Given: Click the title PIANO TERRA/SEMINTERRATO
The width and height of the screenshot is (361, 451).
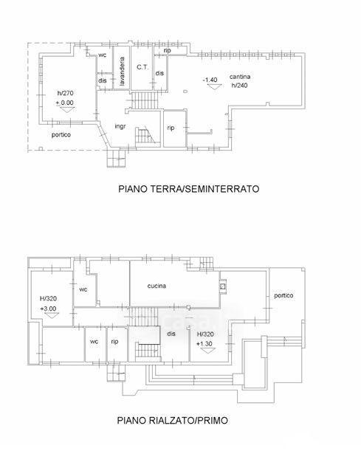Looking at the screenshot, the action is coord(189,189).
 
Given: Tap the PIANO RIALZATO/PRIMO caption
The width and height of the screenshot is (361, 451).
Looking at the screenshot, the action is coord(172,420).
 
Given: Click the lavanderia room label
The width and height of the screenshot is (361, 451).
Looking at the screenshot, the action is coord(122,71).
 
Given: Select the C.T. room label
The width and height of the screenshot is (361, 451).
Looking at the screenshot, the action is coord(142,67).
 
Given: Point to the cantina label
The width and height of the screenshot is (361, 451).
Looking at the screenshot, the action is coord(240,77).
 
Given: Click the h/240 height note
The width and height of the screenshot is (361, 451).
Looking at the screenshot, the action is coord(240,86).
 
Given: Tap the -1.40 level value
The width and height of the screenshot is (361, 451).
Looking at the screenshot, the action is coord(210,80).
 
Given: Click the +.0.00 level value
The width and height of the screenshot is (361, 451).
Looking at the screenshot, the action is coord(65,103).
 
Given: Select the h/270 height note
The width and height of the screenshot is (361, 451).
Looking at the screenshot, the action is coord(65,93).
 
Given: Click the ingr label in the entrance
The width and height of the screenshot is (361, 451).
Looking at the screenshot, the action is coord(120,126).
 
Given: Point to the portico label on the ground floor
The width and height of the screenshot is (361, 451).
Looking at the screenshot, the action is coord(61,134).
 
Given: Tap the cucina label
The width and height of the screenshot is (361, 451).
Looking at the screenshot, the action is coord(157,286).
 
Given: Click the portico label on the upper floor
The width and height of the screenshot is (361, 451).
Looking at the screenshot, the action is coord(283,296).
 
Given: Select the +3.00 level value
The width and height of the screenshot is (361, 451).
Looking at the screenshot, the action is coord(48,309).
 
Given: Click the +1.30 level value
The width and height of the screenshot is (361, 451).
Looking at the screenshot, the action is coord(204,344).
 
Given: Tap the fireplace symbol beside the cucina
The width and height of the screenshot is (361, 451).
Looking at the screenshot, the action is coord(223,286).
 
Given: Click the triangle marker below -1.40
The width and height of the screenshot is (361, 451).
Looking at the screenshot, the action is coord(215,87).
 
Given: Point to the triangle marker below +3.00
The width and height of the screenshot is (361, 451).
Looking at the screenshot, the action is coord(52,315).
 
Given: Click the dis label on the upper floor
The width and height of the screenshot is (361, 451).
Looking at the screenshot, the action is coord(171,334).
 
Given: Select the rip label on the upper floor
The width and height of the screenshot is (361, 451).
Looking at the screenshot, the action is coord(114,342).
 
